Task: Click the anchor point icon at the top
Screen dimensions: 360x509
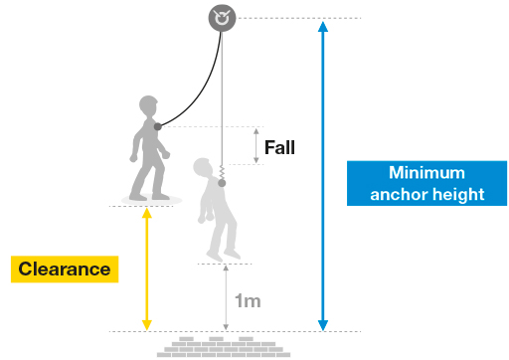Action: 222,17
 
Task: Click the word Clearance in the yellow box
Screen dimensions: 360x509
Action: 65,269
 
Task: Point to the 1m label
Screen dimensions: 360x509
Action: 248,299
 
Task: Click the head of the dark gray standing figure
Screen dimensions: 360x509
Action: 148,106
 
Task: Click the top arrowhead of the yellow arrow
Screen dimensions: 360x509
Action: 146,213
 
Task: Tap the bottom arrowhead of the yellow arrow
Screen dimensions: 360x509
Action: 146,323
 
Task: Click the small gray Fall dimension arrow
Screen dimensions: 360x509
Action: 255,146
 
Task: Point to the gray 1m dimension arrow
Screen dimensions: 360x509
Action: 226,297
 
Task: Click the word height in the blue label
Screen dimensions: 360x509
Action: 455,194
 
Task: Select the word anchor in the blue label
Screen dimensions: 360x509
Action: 397,194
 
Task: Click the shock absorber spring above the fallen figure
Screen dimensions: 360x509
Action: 223,176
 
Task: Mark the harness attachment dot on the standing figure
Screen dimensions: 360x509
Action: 157,126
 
